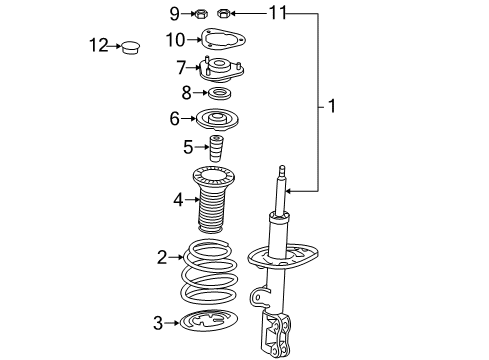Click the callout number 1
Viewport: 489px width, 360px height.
(x=332, y=103)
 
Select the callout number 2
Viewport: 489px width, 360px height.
(x=162, y=258)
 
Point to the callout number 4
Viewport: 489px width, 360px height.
(x=179, y=200)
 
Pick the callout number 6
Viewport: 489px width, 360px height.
(x=176, y=118)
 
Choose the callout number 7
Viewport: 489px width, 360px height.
(x=182, y=68)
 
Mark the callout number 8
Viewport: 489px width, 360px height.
(x=186, y=93)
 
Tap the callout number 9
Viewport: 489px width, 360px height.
(x=174, y=13)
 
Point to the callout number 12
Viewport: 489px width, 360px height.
(x=97, y=45)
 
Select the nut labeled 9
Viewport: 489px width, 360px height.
(x=200, y=14)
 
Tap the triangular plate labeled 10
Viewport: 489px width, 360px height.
(x=224, y=41)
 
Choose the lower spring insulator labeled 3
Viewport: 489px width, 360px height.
(x=212, y=324)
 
